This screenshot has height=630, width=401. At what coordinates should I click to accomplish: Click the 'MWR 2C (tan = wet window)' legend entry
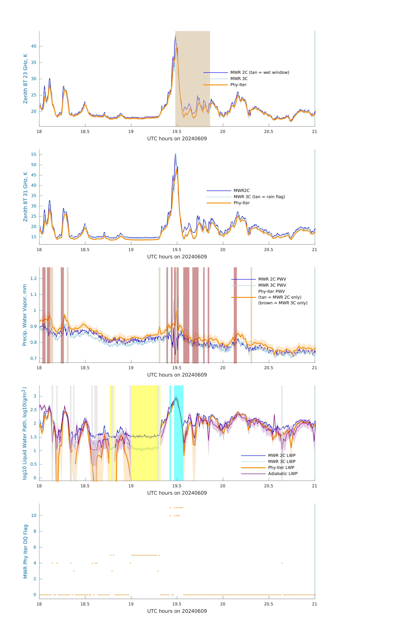tap(259, 72)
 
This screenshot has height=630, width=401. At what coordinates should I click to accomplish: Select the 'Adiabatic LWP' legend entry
tap(282, 474)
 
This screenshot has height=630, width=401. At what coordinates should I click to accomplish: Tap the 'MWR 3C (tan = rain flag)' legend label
tap(259, 197)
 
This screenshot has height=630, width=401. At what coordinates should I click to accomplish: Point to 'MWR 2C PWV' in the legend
tap(272, 279)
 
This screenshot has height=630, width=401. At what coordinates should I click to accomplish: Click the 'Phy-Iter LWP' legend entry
tap(281, 468)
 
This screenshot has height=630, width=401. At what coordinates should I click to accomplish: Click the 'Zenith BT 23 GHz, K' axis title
tap(25, 79)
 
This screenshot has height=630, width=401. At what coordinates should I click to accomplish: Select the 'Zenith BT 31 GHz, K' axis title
tap(25, 197)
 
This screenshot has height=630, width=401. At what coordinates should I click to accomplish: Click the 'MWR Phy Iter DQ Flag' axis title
tap(25, 551)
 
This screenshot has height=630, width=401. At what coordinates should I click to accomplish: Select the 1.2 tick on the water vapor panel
tap(33, 278)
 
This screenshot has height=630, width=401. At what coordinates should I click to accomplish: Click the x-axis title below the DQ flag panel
tap(177, 611)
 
